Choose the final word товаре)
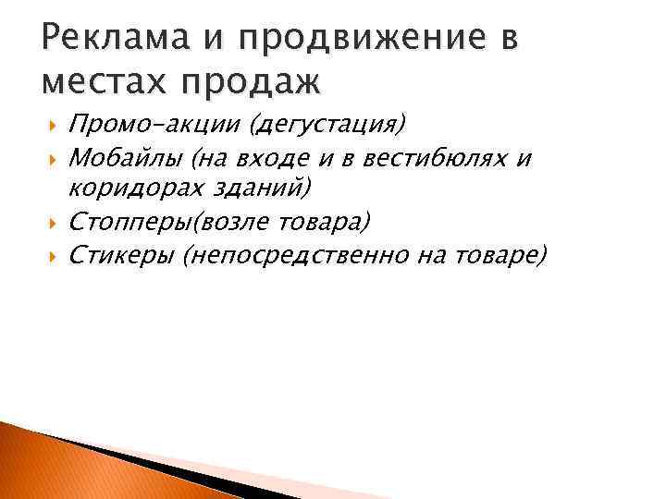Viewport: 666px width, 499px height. (499, 254)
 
